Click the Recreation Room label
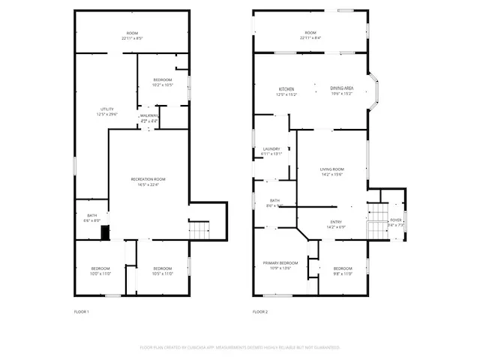[148, 180]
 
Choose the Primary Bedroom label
[280, 263]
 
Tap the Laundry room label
[271, 149]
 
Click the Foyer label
[395, 220]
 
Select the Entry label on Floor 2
[336, 222]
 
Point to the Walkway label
[149, 115]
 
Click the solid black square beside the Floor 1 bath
[106, 232]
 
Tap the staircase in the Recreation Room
[198, 230]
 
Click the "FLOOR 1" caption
[81, 311]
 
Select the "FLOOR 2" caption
[260, 311]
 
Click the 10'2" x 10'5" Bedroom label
[163, 80]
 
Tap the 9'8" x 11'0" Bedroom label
[343, 268]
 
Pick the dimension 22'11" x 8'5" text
[132, 37]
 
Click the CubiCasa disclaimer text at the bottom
[240, 347]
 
